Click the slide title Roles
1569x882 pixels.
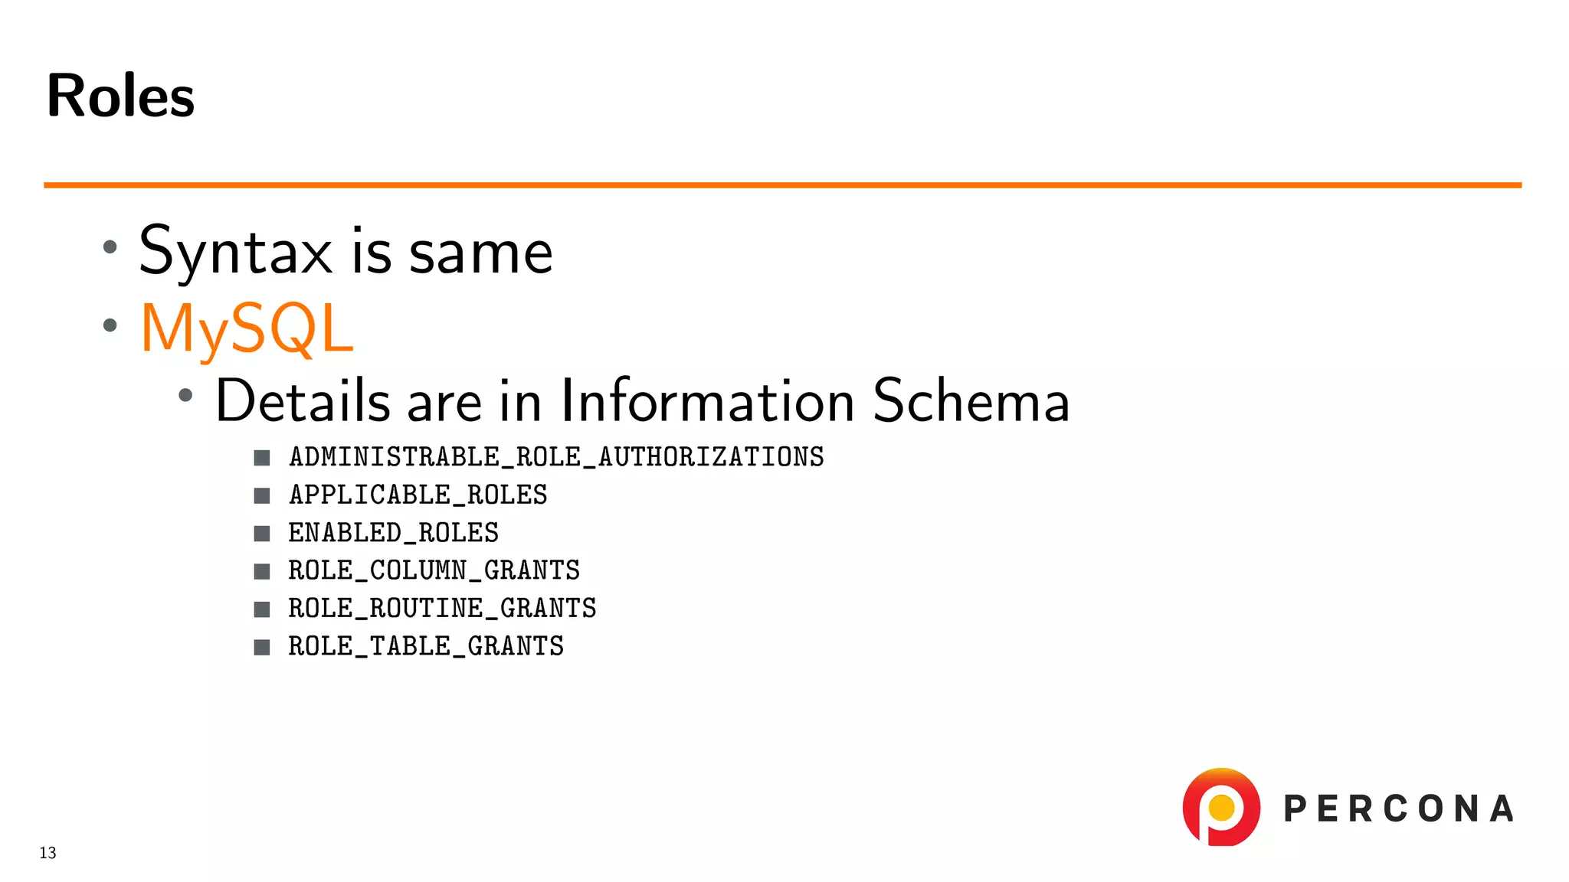120,96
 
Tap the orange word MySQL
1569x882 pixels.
247,328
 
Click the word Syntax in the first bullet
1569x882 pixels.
235,252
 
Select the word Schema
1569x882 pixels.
971,400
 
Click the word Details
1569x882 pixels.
303,400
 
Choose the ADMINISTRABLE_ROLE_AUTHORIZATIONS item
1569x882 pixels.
556,457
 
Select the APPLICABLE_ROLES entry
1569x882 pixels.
418,495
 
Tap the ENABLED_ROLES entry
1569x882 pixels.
394,533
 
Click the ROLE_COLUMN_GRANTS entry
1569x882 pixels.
434,570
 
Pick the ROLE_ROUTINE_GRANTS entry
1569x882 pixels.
442,609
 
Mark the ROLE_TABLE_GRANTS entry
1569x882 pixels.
426,646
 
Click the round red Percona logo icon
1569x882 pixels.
1221,807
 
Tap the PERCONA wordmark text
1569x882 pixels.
1399,809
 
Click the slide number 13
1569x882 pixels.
47,853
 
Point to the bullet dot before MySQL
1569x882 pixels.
110,325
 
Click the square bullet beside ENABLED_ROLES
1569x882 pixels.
262,534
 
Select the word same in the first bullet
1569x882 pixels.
480,253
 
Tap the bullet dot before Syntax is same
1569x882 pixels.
110,247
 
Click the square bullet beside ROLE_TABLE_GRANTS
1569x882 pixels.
262,647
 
